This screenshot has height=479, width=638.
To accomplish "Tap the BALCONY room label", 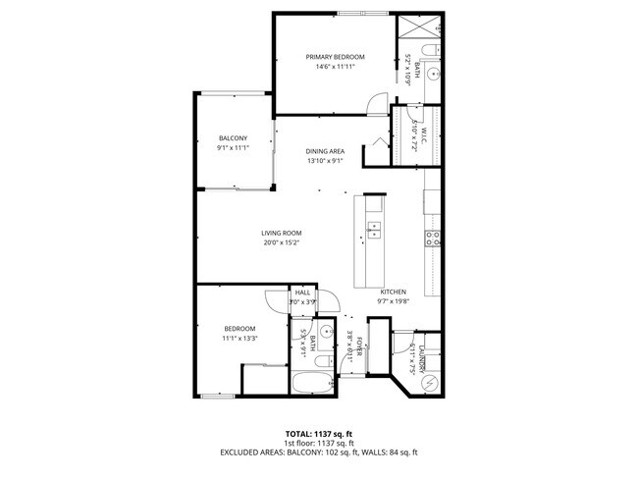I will tap(232, 138).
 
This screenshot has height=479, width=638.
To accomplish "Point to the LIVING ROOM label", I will tap(280, 233).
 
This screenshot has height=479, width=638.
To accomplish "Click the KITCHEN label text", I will tap(394, 293).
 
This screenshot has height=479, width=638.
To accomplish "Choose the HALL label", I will tap(302, 293).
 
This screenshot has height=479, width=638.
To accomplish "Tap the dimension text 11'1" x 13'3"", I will tap(239, 338).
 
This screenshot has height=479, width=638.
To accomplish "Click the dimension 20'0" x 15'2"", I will tap(280, 242).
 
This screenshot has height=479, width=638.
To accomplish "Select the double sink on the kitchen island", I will tap(374, 231).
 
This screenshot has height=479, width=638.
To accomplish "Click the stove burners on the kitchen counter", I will tap(431, 238).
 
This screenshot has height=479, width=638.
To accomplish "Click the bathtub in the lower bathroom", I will tap(313, 382).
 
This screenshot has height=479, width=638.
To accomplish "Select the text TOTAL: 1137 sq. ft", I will tap(318, 433).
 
